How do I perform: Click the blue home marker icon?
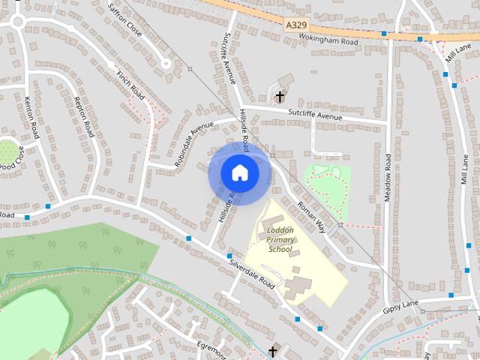tap(239, 172)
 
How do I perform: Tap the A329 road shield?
tap(297, 25)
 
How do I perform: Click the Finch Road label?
tap(131, 85)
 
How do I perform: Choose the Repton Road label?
tap(84, 116)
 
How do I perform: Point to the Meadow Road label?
tap(388, 176)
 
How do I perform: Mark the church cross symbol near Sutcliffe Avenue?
tap(280, 96)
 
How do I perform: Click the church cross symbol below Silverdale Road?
tap(272, 351)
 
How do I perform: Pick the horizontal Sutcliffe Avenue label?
tap(315, 116)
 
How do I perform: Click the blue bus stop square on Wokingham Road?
tap(384, 34)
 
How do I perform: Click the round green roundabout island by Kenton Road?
tap(9, 149)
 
